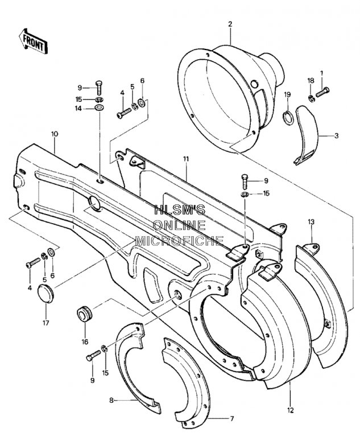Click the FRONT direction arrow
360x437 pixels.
pos(33,41)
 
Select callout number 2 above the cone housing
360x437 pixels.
pos(230,24)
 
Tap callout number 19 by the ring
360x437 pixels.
pos(287,94)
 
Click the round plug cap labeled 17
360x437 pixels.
pos(45,293)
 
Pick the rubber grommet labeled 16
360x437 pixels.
pos(84,314)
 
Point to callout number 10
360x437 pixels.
pos(55,134)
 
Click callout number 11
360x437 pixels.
pos(186,159)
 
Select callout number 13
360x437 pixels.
pos(311,222)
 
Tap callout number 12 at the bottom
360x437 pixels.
pos(291,410)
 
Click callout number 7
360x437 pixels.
pos(231,418)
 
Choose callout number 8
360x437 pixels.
pos(111,401)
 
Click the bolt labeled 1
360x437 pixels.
pos(322,93)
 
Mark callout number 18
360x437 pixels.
pos(311,81)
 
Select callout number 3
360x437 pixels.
pos(337,136)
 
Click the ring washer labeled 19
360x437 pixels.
pos(288,118)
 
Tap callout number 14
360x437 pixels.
pos(78,109)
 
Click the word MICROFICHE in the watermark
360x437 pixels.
pos(179,241)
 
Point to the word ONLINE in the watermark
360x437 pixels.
pos(180,225)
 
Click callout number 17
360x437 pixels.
pos(45,323)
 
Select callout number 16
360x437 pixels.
pos(85,341)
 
